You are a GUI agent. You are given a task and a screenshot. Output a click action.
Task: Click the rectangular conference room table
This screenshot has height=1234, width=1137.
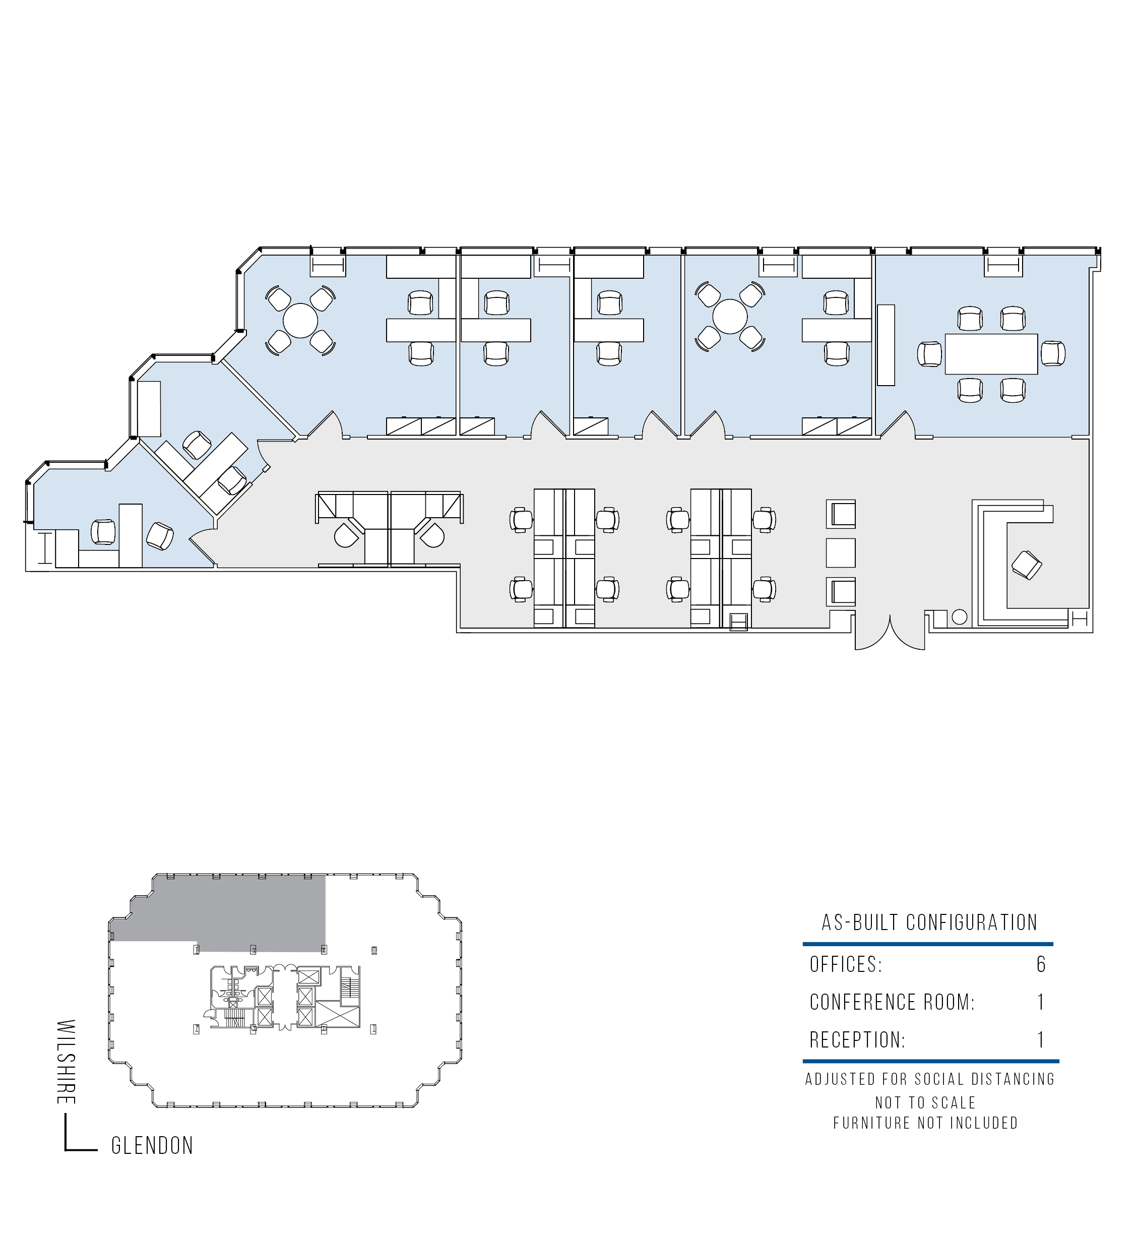(x=991, y=354)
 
